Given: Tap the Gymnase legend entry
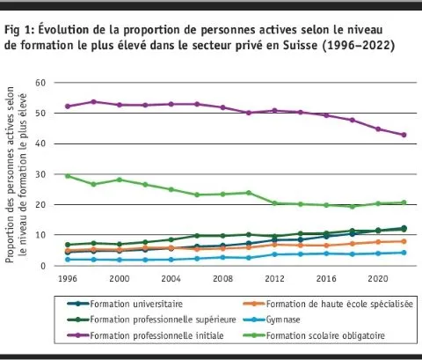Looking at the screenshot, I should (x=287, y=319).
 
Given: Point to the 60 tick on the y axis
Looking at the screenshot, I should (x=40, y=83).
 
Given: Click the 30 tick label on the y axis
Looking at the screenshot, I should (x=40, y=174).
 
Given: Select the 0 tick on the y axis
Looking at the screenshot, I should (x=42, y=266).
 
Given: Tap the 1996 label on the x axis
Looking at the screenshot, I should (x=68, y=277).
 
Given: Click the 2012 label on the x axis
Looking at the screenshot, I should (x=275, y=277).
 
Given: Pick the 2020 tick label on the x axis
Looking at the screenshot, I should (x=378, y=277).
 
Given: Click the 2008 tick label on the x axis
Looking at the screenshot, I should (x=223, y=277).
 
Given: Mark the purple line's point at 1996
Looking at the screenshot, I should (x=68, y=107).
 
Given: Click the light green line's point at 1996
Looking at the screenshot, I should (x=68, y=175).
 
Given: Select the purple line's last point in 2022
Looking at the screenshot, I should (x=404, y=135).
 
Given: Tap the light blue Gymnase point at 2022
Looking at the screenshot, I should (x=404, y=253).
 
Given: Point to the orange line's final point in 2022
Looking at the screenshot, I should (x=404, y=241).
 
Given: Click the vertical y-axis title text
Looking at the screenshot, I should (x=16, y=176).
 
